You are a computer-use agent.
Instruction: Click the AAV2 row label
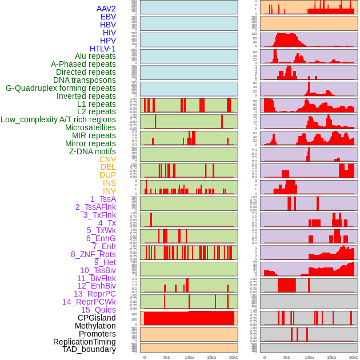106,9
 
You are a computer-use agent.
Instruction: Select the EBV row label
108,17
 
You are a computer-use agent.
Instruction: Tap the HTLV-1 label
102,49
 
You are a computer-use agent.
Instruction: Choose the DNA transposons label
85,80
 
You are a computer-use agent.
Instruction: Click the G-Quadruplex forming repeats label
61,88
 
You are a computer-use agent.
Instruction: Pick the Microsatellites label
90,127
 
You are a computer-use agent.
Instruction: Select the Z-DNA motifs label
92,151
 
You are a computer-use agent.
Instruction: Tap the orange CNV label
107,159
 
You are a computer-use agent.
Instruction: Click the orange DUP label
107,175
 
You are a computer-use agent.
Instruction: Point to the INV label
109,191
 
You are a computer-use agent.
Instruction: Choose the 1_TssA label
103,199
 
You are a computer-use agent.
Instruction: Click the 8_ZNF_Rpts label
93,254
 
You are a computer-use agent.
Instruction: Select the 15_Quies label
98,310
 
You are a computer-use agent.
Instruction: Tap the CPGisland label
97,318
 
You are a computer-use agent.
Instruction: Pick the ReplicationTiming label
84,342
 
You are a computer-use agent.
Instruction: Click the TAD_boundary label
89,349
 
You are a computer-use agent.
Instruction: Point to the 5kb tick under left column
166,357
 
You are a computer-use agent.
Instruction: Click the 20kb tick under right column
354,357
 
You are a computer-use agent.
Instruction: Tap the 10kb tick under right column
309,357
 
